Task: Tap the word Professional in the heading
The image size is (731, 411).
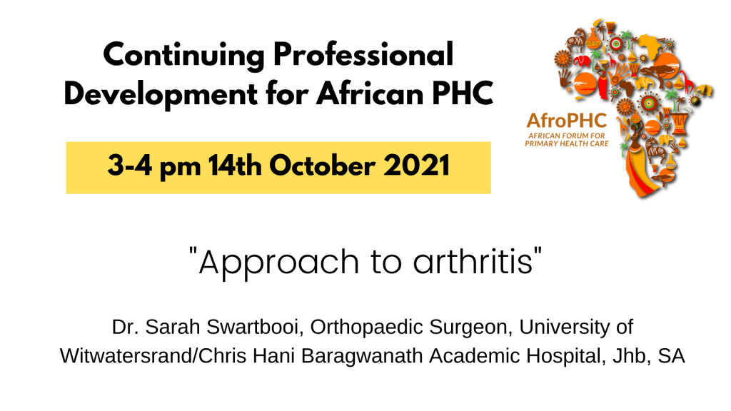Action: pos(363,54)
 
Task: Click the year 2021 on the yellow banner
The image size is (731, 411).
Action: pos(416,166)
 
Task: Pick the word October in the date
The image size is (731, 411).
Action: pos(322,166)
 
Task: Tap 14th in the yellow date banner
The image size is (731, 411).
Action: pos(234,166)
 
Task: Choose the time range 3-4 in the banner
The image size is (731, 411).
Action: pos(130,166)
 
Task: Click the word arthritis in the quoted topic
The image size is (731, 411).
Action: pos(473,261)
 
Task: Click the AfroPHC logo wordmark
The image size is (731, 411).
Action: pos(566,121)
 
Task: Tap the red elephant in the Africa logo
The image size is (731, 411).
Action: pos(581,61)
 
